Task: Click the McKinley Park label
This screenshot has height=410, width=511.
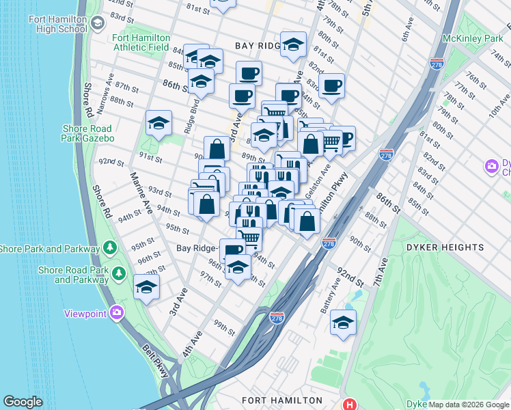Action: tap(472, 39)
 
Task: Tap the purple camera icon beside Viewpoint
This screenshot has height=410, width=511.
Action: tap(117, 313)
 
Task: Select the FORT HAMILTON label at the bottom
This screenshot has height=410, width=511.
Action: tap(281, 400)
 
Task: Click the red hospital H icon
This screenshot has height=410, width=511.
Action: tap(350, 405)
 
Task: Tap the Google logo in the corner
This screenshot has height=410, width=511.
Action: tap(23, 402)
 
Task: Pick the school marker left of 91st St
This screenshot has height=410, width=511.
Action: tap(158, 124)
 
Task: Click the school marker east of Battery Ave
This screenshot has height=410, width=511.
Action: tap(343, 323)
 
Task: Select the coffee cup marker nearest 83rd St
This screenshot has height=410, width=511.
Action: tap(331, 86)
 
